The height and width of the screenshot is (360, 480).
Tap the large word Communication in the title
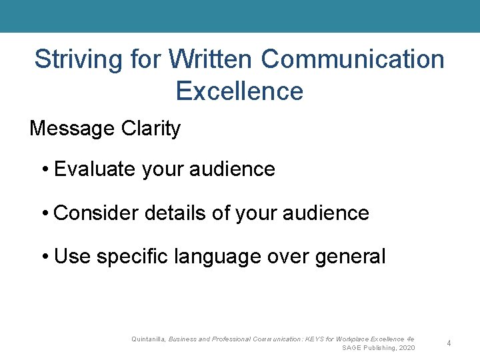[353, 59]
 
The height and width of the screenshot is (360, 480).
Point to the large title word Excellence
[239, 91]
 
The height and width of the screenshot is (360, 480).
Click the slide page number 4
[449, 343]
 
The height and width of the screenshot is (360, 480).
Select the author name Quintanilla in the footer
[149, 339]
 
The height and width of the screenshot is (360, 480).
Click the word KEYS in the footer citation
[313, 339]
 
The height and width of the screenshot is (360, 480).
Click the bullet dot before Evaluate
[45, 170]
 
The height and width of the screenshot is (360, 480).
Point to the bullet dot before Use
[45, 257]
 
